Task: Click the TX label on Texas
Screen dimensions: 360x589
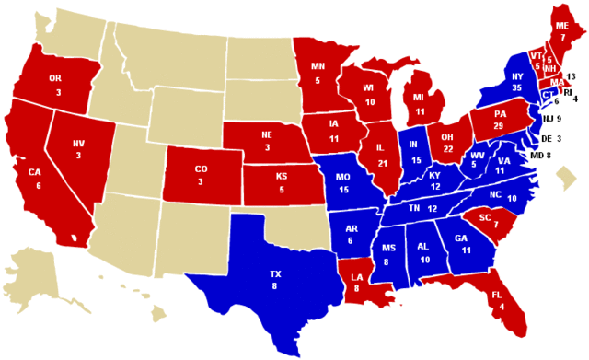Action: (x=275, y=274)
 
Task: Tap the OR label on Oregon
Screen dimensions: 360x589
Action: (x=55, y=79)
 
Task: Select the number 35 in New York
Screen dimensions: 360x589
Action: (x=516, y=87)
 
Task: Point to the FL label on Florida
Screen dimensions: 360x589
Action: (x=496, y=295)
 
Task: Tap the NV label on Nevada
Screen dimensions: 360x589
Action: (x=77, y=144)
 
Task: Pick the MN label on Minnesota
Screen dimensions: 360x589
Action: (x=318, y=66)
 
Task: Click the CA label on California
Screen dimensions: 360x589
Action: (x=33, y=171)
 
